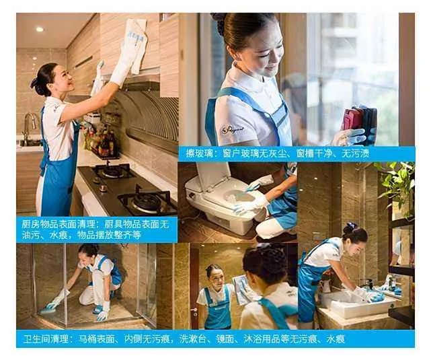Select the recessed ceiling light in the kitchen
coord(39,29)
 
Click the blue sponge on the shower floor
coord(47,310)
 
